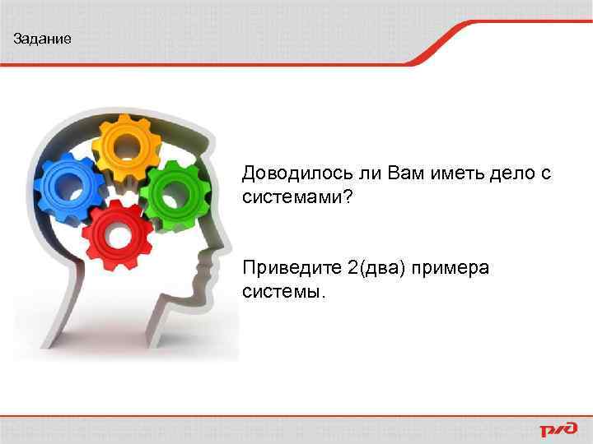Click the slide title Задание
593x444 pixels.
[43, 39]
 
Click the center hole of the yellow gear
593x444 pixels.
[127, 149]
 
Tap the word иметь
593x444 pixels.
[433, 174]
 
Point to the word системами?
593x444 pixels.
[297, 197]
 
